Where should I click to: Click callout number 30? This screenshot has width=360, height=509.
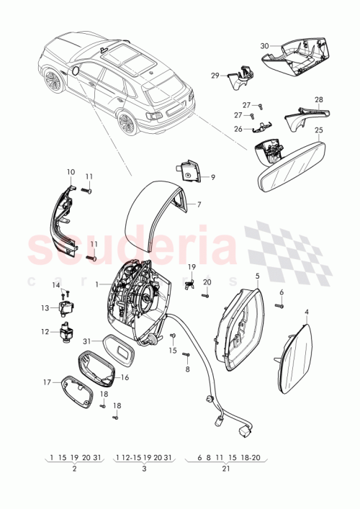tap(264, 46)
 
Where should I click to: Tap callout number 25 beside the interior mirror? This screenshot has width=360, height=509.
tap(319, 130)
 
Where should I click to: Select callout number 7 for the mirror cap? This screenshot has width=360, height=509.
tap(199, 204)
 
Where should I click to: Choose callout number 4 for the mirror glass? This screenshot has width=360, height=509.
tap(307, 312)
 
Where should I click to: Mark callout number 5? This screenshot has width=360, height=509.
tap(257, 276)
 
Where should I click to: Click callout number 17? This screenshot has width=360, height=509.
tap(47, 382)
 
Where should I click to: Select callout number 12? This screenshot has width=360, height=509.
tap(45, 332)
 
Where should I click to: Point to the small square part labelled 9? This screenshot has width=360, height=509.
tap(186, 171)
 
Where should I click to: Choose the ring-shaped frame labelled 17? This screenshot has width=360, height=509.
tap(79, 393)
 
